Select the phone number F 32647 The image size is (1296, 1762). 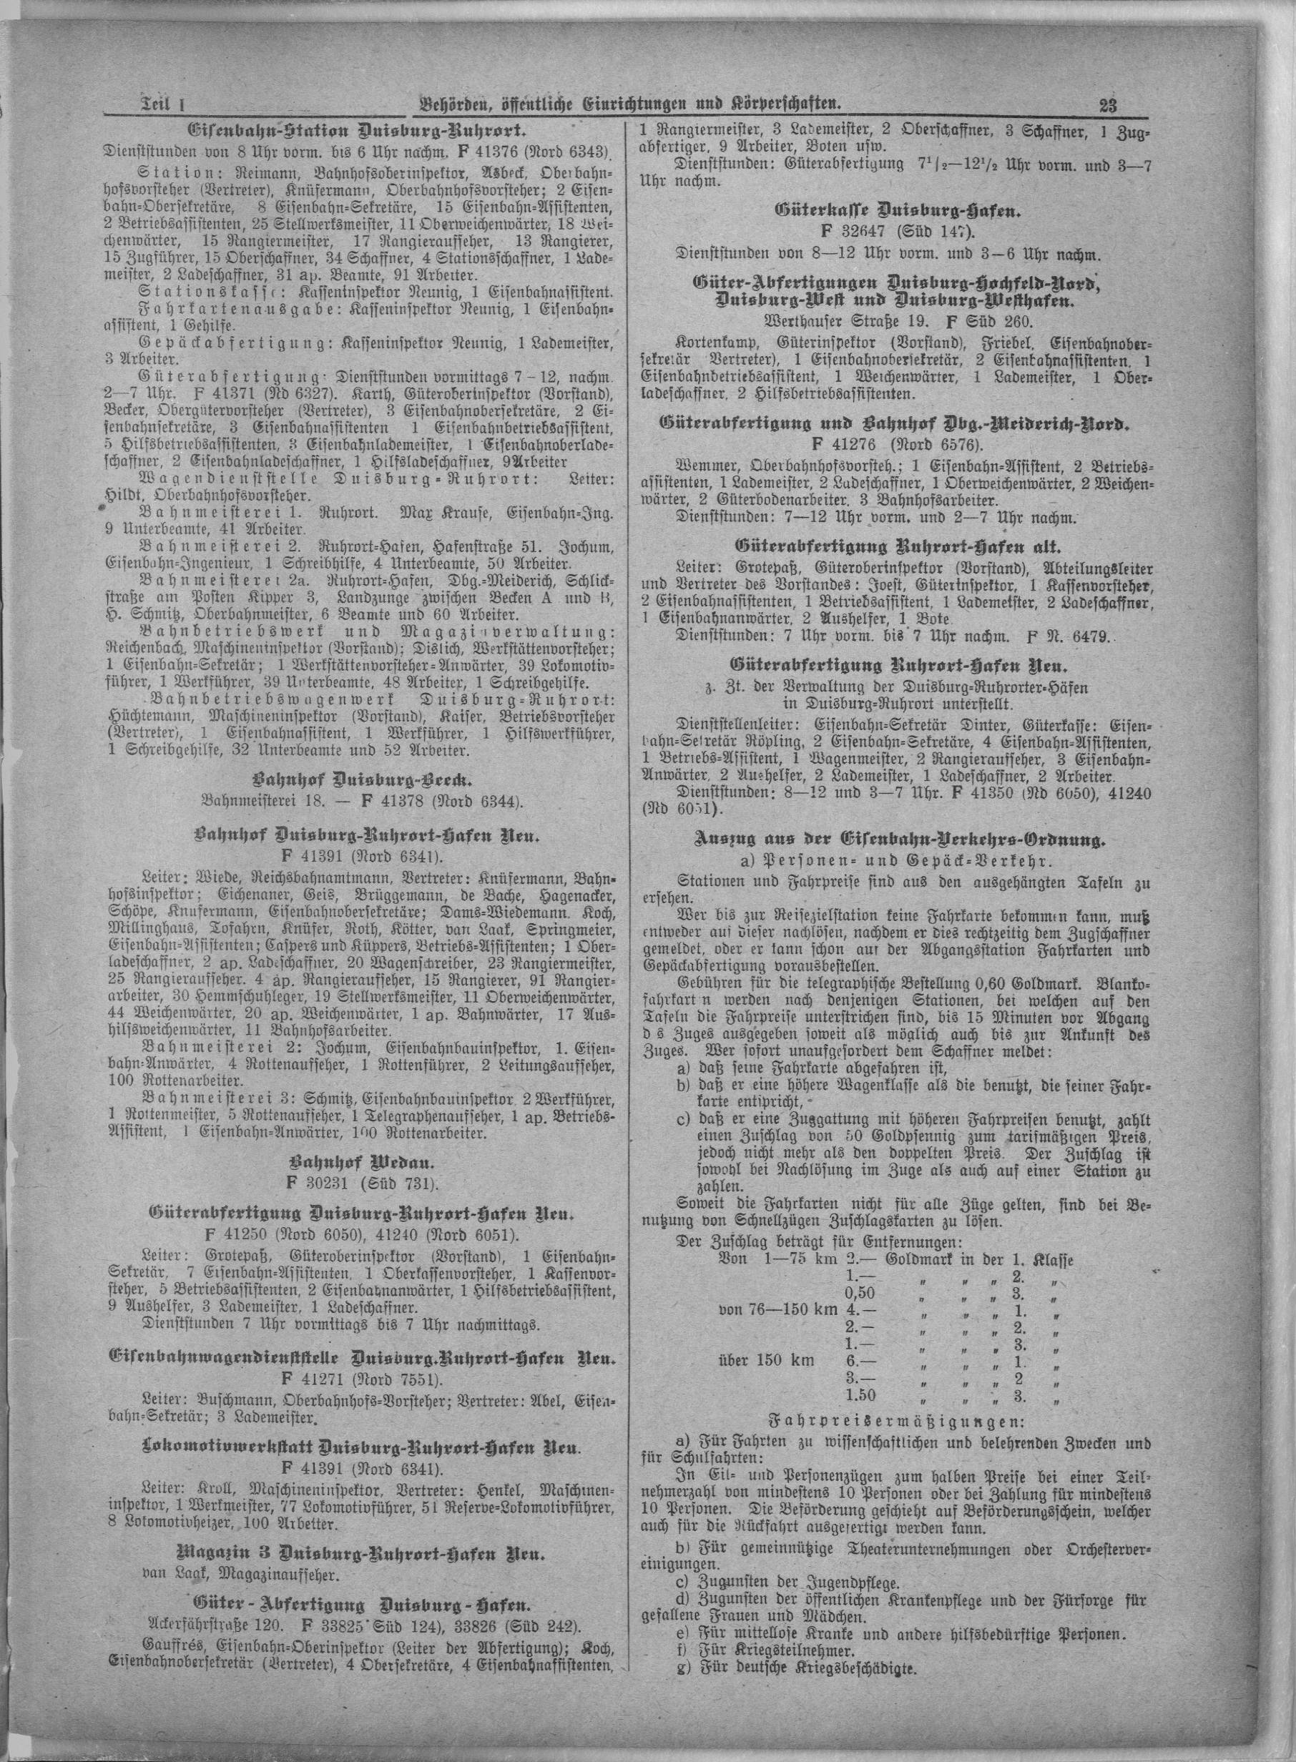coord(840,234)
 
